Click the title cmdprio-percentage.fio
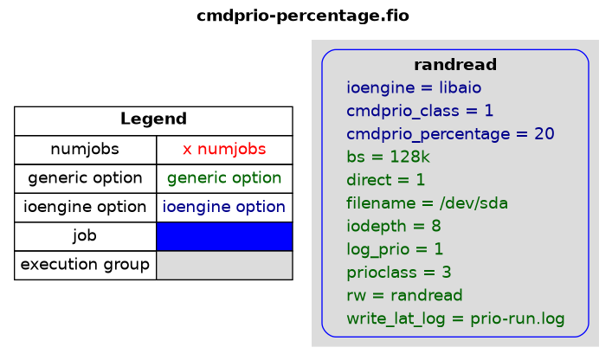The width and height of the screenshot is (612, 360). click(x=303, y=16)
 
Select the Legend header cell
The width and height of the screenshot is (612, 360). click(x=153, y=121)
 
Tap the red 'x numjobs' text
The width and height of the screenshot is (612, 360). click(x=224, y=149)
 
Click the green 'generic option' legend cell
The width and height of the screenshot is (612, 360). click(x=224, y=178)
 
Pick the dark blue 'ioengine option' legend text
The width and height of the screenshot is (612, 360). click(x=224, y=207)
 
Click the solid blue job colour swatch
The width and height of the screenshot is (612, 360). click(x=224, y=236)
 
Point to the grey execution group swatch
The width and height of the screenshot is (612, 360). click(x=224, y=265)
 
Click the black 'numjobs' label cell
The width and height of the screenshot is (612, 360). click(x=85, y=150)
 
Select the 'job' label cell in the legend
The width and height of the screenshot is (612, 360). click(x=85, y=236)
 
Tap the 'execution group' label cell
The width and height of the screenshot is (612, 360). click(x=85, y=265)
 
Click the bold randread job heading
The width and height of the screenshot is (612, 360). click(x=455, y=65)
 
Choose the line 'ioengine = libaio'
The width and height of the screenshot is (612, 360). click(x=414, y=87)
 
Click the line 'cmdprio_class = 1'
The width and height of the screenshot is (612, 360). click(x=420, y=111)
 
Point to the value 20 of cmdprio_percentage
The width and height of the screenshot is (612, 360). click(x=544, y=134)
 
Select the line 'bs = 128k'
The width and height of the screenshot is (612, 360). click(x=388, y=157)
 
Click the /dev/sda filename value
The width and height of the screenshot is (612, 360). click(x=473, y=203)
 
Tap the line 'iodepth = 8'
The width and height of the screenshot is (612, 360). click(x=394, y=226)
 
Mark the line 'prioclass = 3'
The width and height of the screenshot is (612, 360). click(x=399, y=273)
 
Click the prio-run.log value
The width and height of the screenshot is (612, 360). click(x=517, y=318)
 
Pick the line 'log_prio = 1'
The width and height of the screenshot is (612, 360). click(x=395, y=249)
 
